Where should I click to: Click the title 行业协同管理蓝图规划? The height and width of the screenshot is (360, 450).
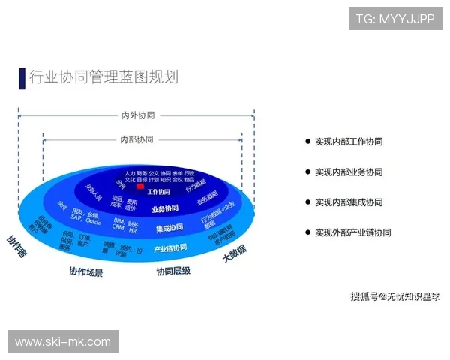103,77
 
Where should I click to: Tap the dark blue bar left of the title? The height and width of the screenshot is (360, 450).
22,78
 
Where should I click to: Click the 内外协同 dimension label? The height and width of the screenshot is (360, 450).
137,115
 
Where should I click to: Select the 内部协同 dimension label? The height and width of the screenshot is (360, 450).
136,139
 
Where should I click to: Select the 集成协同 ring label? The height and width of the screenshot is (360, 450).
169,228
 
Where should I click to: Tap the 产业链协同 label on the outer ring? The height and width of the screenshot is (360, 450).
170,248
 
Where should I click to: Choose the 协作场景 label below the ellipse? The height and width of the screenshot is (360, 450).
85,271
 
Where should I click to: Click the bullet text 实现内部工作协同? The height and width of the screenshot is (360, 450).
349,141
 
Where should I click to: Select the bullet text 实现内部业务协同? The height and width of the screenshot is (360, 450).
349,172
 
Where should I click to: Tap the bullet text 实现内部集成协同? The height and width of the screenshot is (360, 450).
349,202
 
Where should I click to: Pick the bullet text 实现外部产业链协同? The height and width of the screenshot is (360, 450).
352,232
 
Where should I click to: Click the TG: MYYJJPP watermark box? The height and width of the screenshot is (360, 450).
395,18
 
